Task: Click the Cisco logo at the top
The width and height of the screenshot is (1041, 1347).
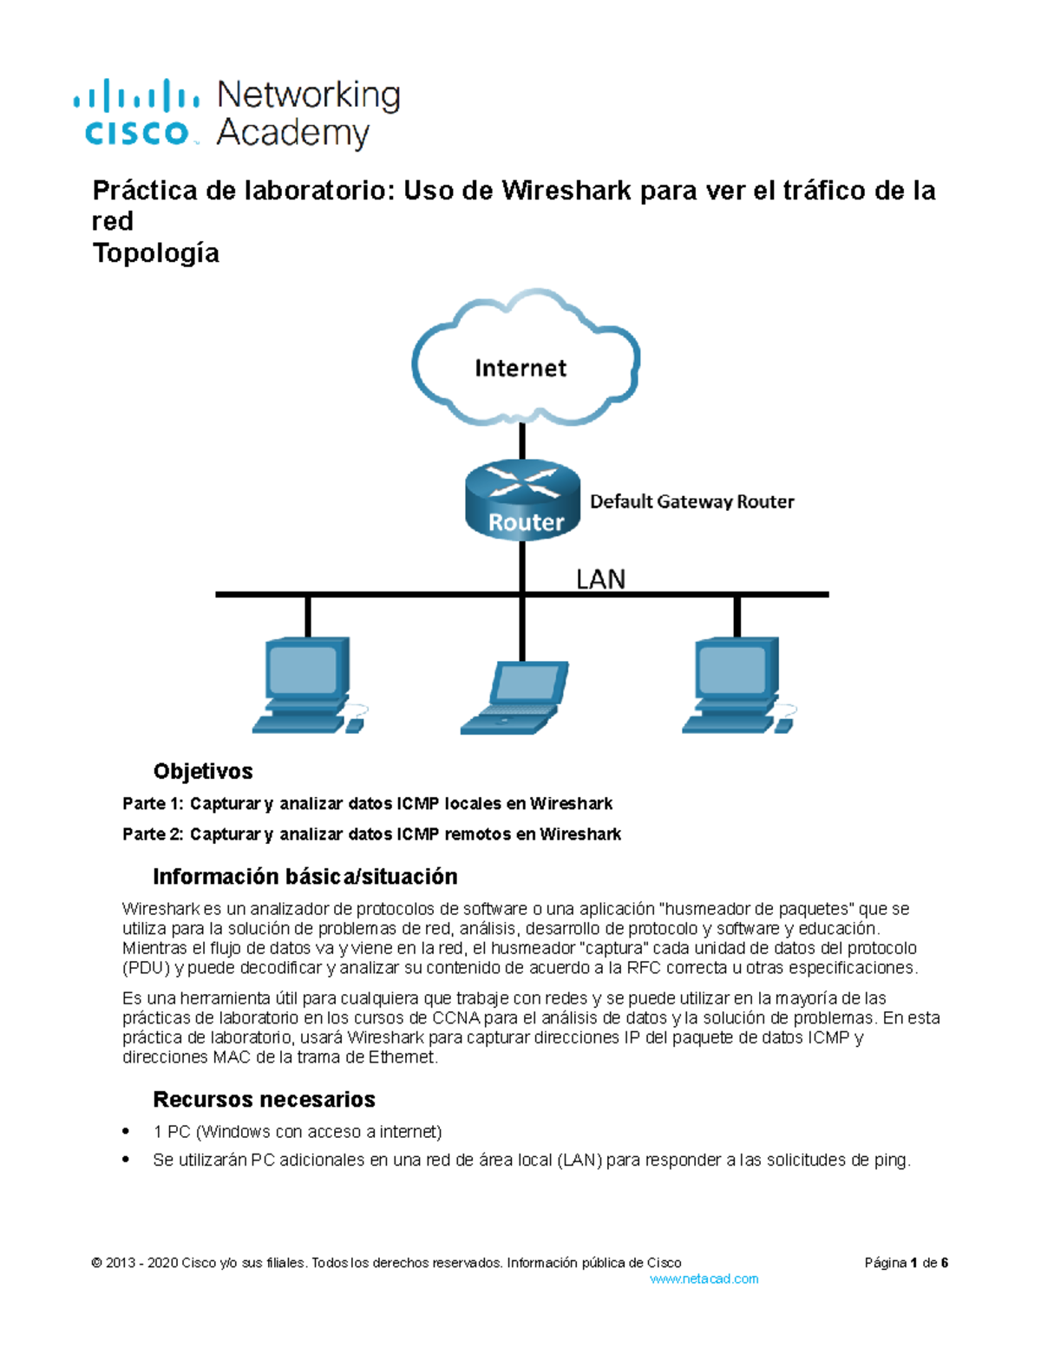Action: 137,113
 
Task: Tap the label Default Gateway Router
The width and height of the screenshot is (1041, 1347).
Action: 691,501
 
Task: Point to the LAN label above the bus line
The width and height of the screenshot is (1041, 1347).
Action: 600,579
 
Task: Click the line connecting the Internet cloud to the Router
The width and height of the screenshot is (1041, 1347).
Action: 522,443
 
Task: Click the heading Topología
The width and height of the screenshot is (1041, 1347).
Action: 155,253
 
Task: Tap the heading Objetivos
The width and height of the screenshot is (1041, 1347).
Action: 203,771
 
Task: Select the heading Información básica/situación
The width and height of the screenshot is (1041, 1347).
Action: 304,876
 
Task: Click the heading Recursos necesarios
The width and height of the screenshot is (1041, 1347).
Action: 264,1099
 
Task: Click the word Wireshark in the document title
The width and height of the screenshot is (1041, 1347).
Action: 566,190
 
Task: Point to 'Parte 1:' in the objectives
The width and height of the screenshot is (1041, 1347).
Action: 153,804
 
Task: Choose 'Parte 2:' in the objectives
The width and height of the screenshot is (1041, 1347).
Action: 153,834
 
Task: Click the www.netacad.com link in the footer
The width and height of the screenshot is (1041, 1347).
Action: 704,1278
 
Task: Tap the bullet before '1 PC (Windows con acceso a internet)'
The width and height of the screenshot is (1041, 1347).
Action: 127,1131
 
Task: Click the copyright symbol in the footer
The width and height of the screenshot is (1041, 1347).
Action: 96,1263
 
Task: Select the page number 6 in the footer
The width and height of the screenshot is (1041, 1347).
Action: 945,1263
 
